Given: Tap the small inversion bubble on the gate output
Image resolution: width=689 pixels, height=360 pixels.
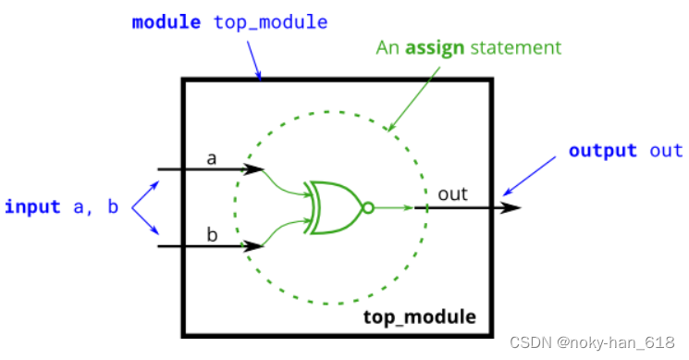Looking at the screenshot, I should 367,207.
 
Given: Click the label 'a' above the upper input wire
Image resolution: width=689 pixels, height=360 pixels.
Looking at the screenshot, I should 211,158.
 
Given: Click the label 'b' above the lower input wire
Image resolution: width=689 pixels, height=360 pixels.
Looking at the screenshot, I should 211,234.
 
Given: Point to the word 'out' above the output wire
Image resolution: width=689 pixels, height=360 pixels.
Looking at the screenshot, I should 452,193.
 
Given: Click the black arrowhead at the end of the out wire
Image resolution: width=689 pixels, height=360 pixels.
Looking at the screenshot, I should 511,207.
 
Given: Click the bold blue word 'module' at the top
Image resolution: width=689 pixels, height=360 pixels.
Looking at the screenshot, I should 166,21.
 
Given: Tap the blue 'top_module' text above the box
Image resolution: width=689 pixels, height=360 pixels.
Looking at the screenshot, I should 271,21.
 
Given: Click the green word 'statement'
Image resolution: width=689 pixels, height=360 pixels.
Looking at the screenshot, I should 515,46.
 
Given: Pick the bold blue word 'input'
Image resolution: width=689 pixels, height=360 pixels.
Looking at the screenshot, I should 32,205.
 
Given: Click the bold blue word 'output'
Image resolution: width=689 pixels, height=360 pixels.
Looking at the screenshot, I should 602,151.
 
